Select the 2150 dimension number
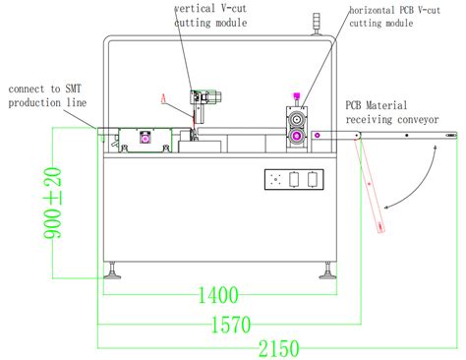tap(277, 347)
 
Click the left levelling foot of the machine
tap(114, 270)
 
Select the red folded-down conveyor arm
tap(371, 186)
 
